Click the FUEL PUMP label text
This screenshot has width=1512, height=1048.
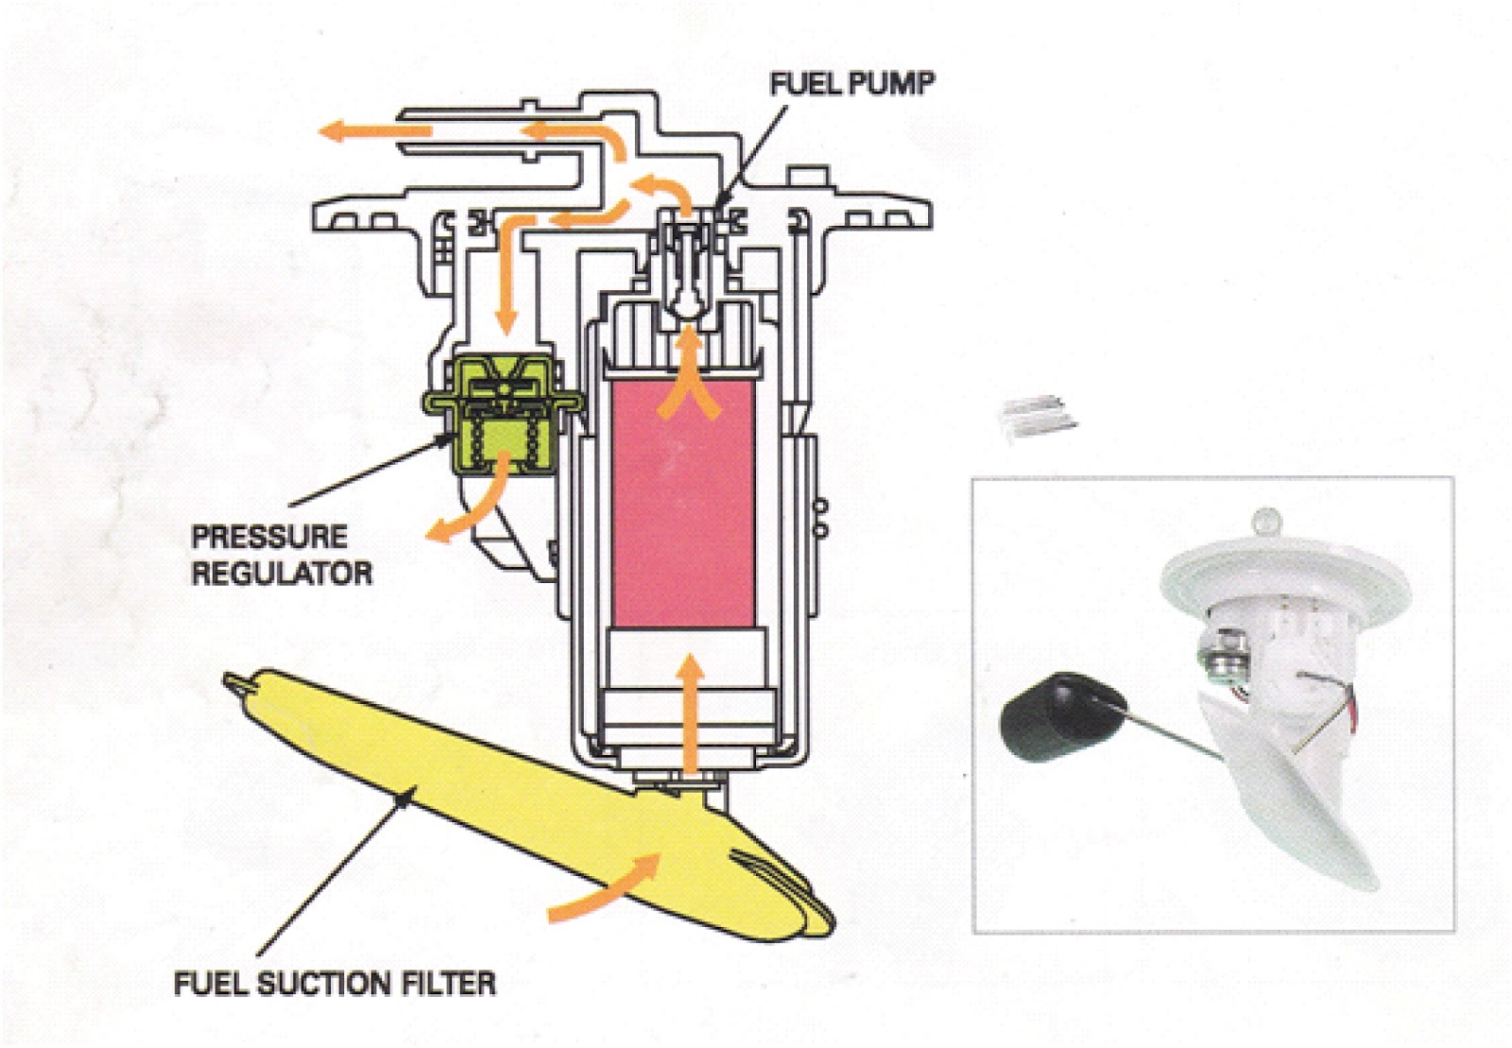point(851,84)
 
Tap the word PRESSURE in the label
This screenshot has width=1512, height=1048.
point(269,537)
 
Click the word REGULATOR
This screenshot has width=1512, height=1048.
point(282,573)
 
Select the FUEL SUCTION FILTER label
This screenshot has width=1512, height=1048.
point(335,983)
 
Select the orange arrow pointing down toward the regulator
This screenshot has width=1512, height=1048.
point(507,283)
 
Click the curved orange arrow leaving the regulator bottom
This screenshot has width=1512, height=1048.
point(468,510)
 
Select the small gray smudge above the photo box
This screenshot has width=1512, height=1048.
point(1038,416)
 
